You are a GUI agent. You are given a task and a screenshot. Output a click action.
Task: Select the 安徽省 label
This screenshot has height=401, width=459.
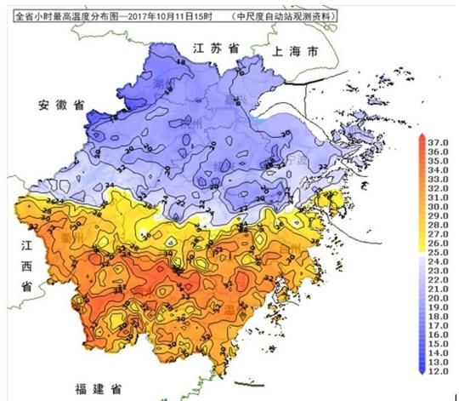tap(61, 106)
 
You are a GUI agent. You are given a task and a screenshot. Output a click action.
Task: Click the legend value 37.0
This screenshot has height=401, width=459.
tap(439, 142)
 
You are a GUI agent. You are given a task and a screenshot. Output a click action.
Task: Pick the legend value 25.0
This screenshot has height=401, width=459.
tap(439, 251)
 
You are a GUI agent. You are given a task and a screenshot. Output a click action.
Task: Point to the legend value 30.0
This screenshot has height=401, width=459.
tap(439, 206)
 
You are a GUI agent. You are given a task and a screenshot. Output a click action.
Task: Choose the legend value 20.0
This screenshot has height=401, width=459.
tap(439, 297)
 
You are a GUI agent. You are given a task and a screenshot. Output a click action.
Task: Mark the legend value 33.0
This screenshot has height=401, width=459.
tap(439, 179)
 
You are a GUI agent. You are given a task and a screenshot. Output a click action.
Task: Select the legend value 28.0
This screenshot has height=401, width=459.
tap(439, 224)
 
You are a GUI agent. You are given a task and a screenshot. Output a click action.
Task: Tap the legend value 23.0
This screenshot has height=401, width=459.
tap(439, 270)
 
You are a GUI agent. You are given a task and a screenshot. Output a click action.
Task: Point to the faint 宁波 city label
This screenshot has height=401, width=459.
tap(295, 159)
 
